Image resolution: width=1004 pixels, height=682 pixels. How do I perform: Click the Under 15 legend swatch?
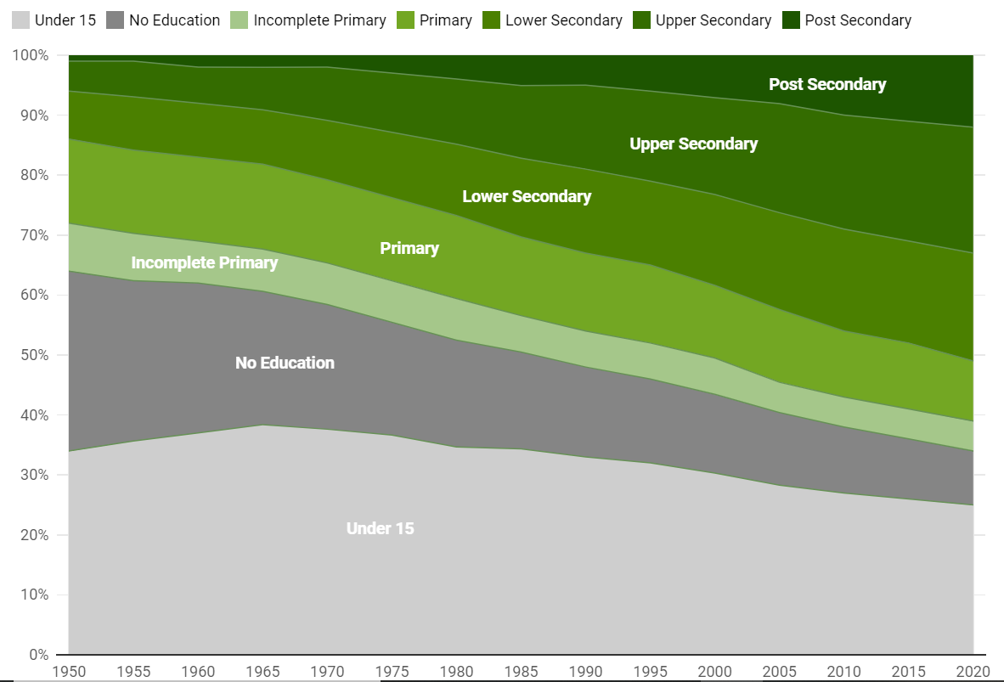click(20, 20)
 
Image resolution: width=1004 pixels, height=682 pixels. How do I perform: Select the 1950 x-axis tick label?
click(69, 670)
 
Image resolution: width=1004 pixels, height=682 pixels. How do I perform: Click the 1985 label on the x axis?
click(521, 670)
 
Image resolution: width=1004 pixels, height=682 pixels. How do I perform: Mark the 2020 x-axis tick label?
click(973, 670)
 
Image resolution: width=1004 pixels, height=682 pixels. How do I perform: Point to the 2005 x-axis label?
click(779, 670)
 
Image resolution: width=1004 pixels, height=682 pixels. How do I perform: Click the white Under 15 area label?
click(381, 528)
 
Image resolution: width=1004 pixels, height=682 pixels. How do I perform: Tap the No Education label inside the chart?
click(285, 363)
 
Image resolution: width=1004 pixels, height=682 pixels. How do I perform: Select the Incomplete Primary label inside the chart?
click(205, 262)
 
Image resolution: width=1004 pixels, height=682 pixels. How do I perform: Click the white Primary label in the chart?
click(409, 248)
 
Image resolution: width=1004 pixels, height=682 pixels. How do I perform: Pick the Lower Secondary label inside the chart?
click(527, 196)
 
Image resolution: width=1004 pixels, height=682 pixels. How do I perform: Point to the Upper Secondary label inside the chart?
click(694, 144)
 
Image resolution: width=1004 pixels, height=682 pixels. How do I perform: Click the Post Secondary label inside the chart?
click(827, 84)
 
